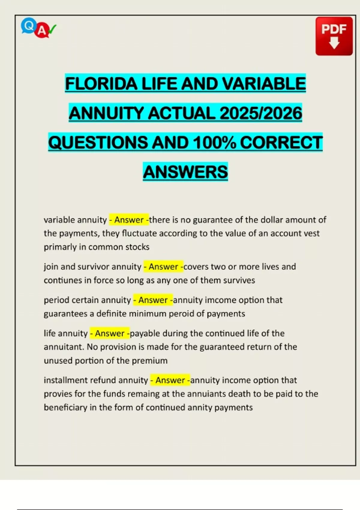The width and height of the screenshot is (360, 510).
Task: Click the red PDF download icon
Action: (x=334, y=36)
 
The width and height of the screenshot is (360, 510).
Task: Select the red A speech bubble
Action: (x=42, y=31)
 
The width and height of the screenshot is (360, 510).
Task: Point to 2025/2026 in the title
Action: (x=261, y=113)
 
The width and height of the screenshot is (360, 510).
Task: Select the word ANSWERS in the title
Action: (x=185, y=172)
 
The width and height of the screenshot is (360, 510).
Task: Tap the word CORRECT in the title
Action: (x=281, y=142)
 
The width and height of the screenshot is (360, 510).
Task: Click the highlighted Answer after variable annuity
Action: (x=129, y=220)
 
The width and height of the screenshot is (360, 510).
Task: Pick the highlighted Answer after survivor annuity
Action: (x=163, y=267)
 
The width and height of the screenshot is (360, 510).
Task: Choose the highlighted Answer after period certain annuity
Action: (x=153, y=300)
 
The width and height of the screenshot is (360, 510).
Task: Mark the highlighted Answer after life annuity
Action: (x=110, y=333)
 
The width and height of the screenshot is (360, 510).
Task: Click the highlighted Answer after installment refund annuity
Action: (x=170, y=380)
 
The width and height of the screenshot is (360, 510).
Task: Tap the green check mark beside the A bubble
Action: (x=52, y=29)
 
